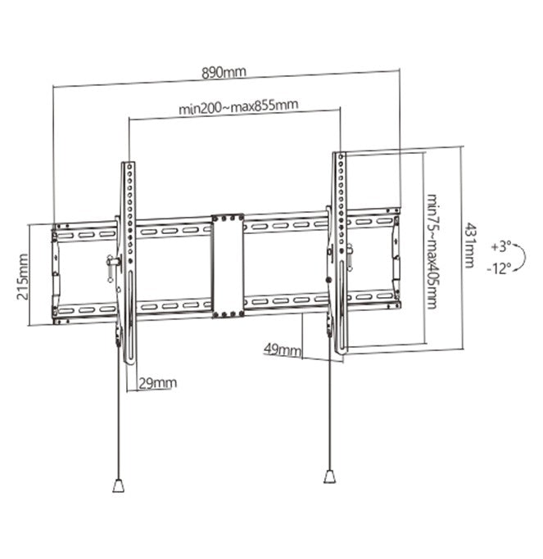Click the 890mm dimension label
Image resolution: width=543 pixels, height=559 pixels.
pyautogui.click(x=224, y=72)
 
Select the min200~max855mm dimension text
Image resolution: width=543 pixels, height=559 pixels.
pyautogui.click(x=238, y=106)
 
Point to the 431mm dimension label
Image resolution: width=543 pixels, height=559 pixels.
pyautogui.click(x=469, y=245)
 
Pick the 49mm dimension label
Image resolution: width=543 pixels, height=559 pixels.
pyautogui.click(x=281, y=349)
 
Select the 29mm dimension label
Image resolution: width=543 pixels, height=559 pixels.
pyautogui.click(x=157, y=382)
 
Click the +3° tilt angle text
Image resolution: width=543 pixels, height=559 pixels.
pyautogui.click(x=501, y=246)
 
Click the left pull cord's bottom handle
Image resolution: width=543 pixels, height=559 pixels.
pyautogui.click(x=117, y=485)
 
